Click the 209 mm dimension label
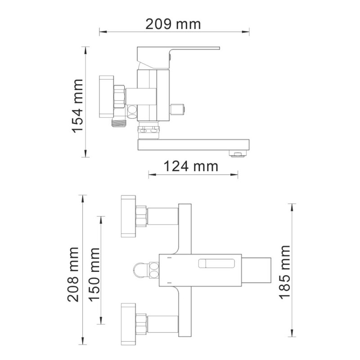point(173,24)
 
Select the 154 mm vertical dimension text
point(78,106)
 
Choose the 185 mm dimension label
point(284,272)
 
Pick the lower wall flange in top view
point(128,320)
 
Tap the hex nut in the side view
point(119,96)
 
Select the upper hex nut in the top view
point(141,216)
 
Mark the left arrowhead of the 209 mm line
point(101,31)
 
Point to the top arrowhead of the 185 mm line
point(293,206)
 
